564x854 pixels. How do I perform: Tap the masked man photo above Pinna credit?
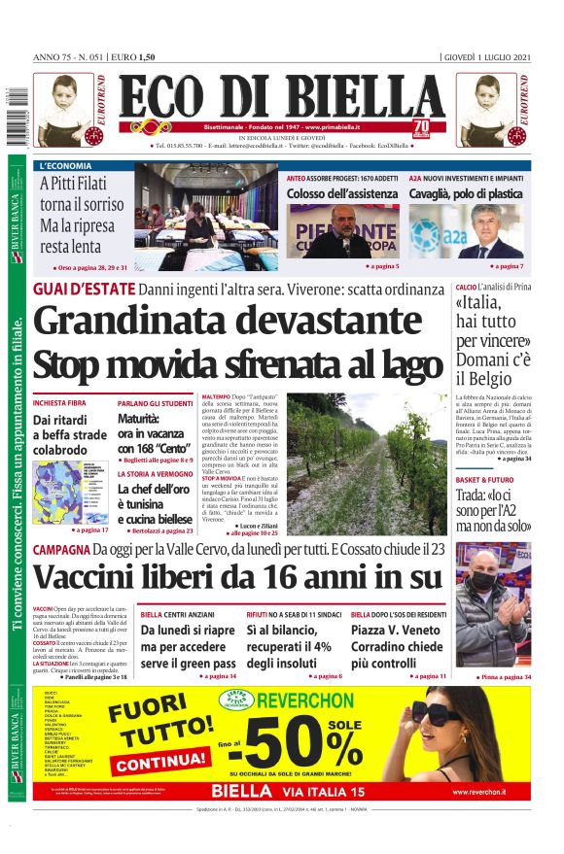click(493, 603)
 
